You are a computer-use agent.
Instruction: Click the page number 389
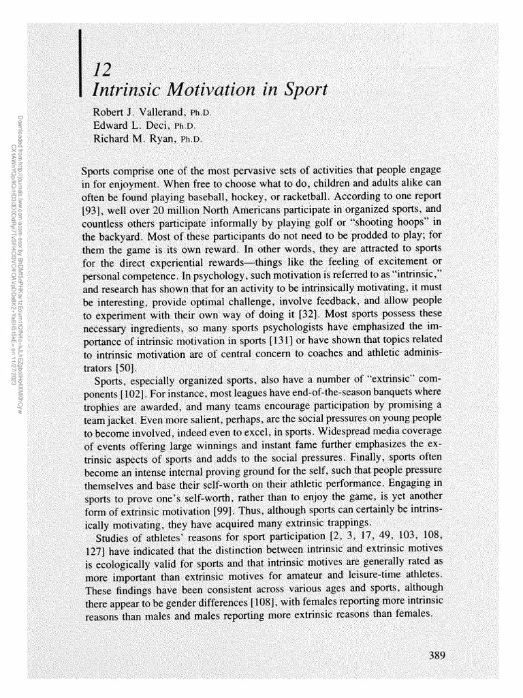coord(437,656)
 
